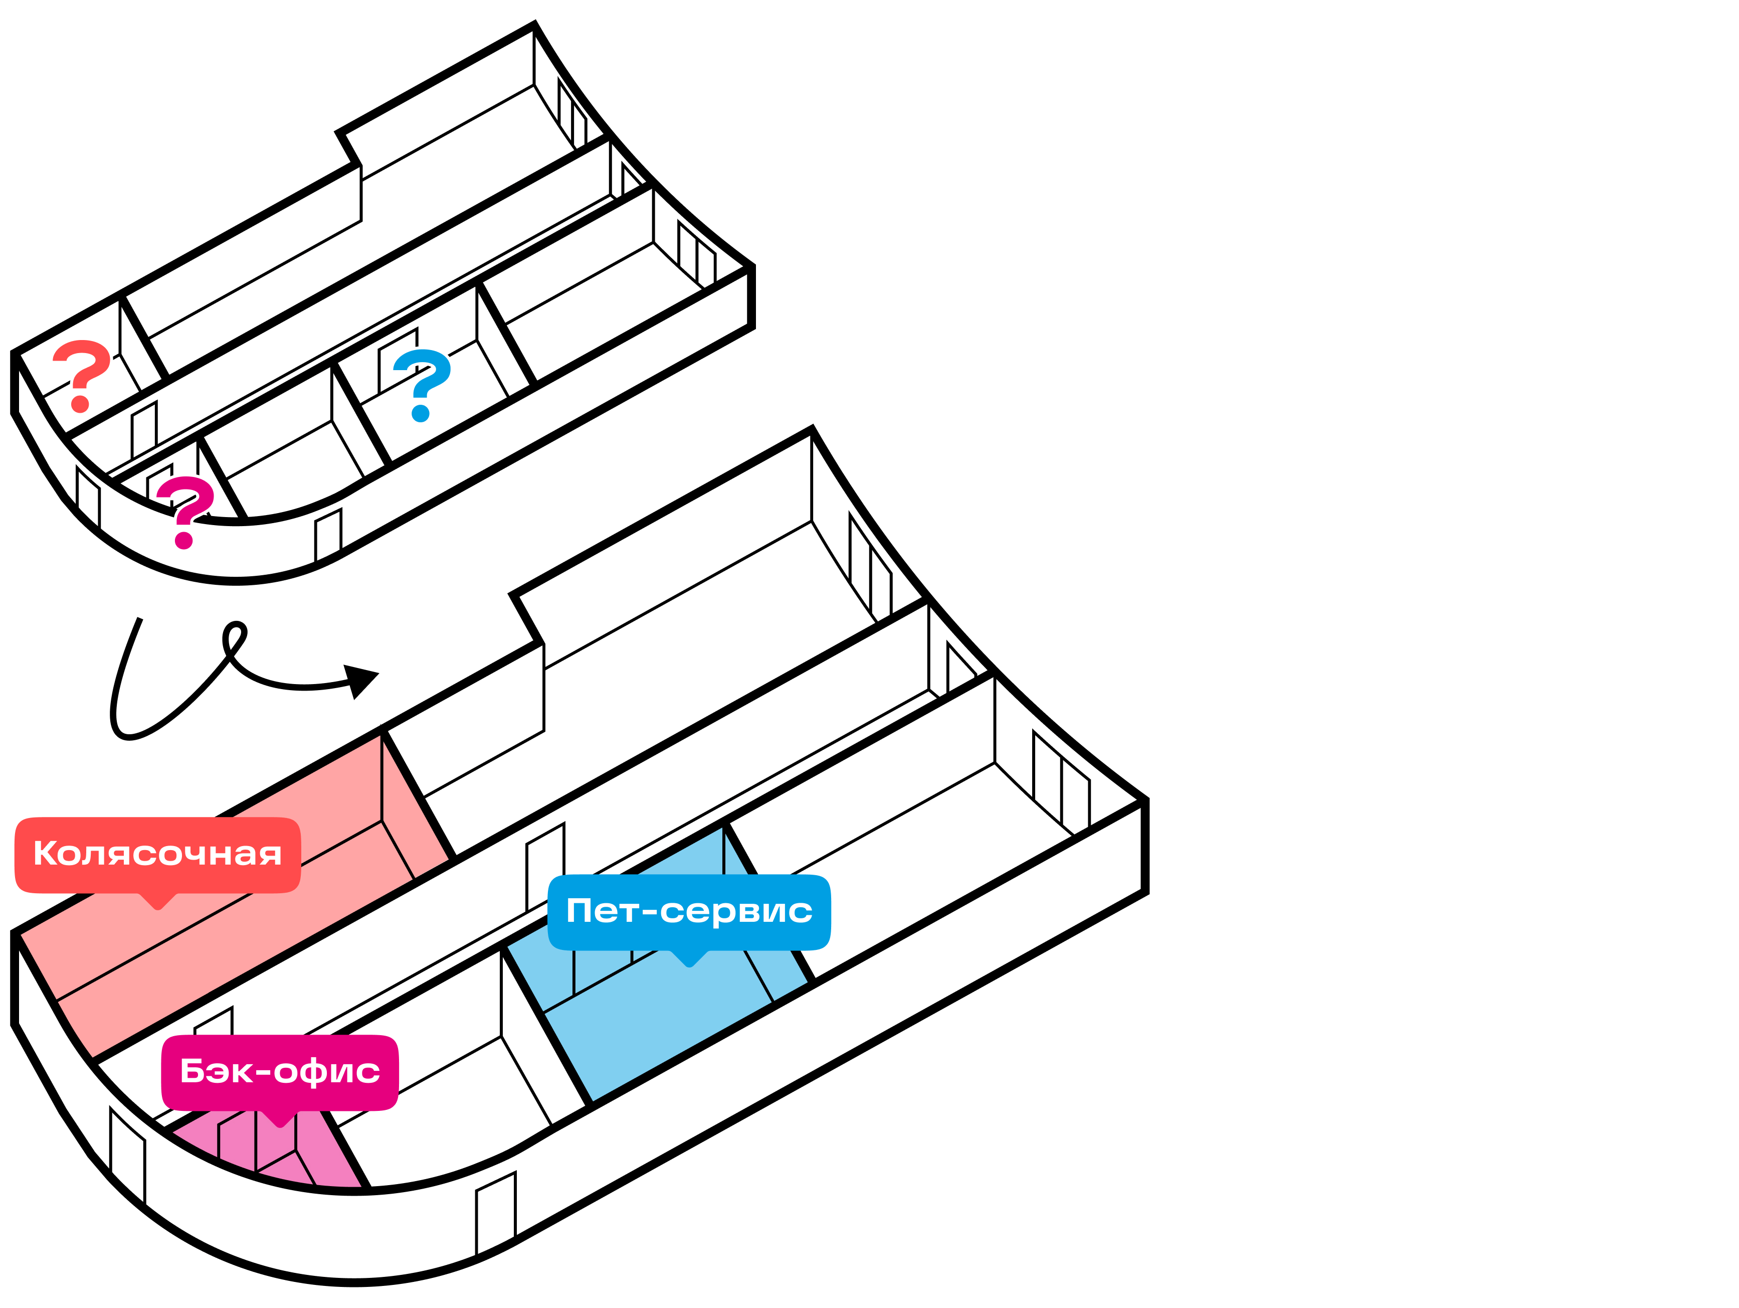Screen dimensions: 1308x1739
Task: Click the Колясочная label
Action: coord(157,854)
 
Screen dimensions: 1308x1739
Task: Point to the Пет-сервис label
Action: coord(689,911)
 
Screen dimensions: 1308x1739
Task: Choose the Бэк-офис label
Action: coord(280,1071)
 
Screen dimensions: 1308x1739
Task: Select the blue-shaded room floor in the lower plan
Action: coord(660,1023)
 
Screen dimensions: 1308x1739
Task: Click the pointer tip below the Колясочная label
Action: coord(158,907)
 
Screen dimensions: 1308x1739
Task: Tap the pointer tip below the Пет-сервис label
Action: coord(689,964)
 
